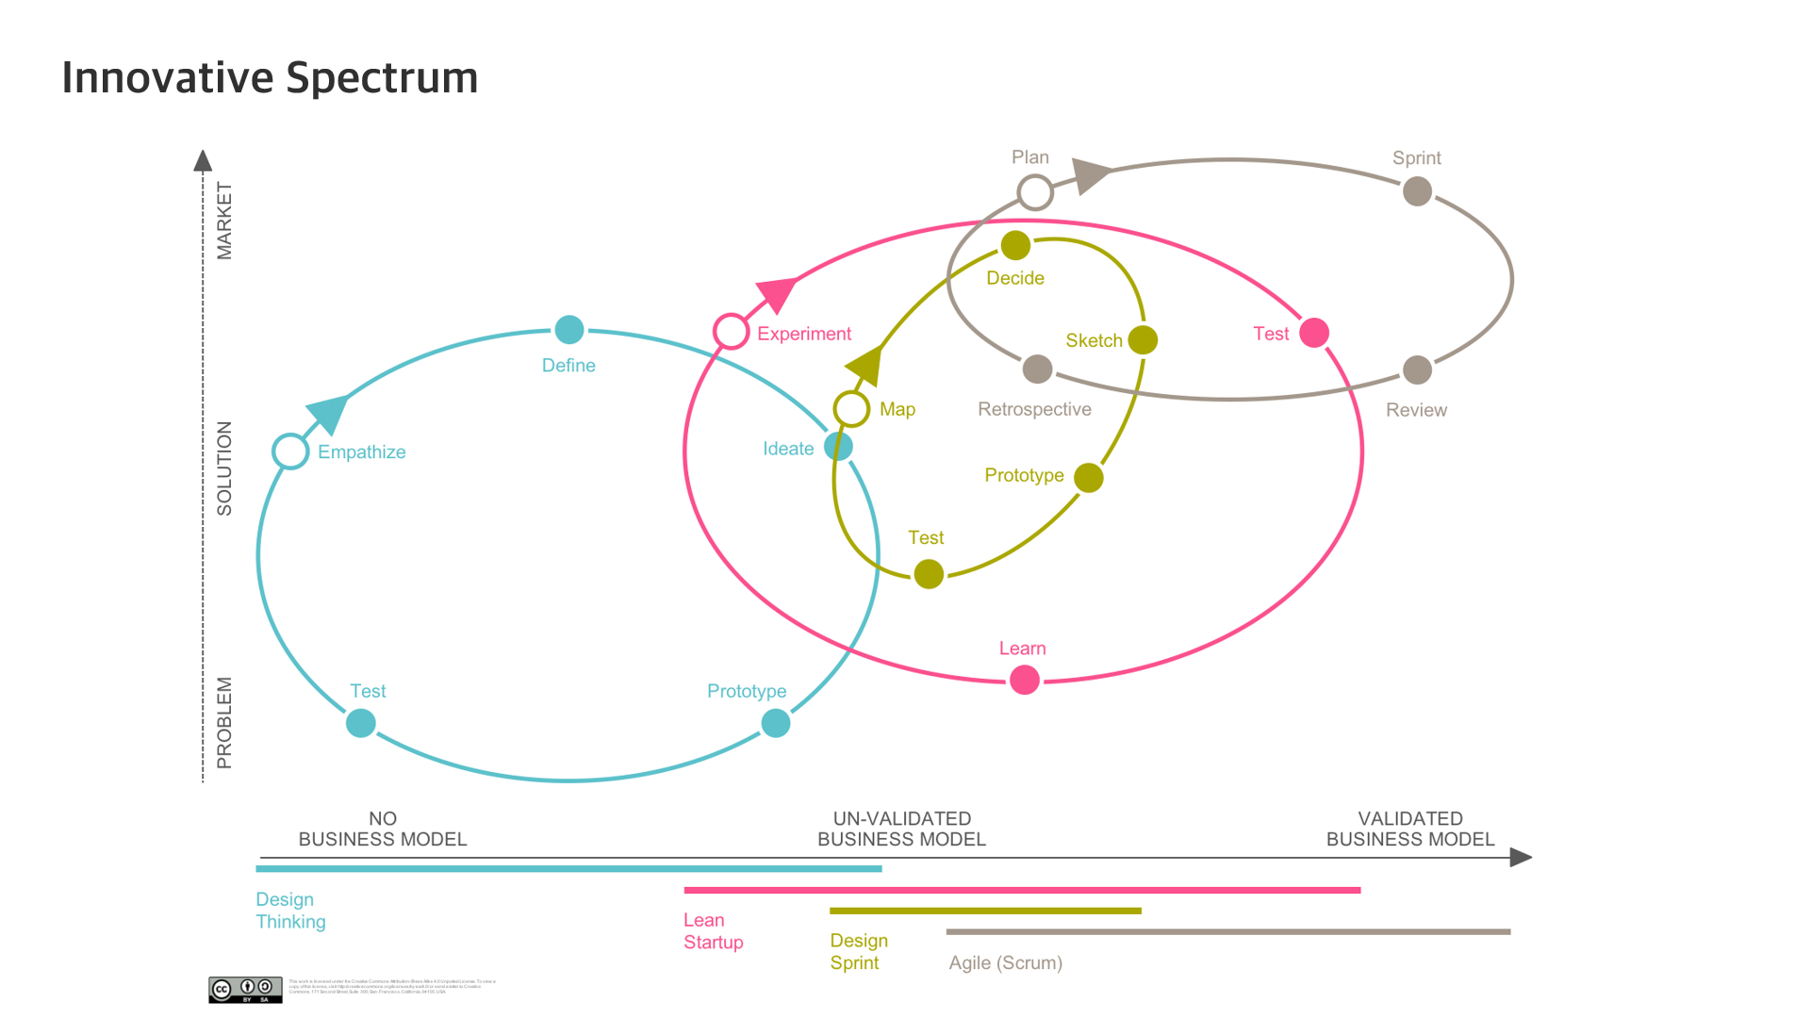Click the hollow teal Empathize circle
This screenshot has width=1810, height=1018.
pyautogui.click(x=290, y=452)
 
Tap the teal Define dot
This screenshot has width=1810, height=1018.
pyautogui.click(x=569, y=330)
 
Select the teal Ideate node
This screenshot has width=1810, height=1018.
pyautogui.click(x=838, y=446)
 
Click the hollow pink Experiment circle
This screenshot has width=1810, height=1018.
pyautogui.click(x=731, y=332)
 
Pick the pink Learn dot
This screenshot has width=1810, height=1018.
pyautogui.click(x=1024, y=680)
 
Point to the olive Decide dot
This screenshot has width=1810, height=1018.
pyautogui.click(x=1015, y=246)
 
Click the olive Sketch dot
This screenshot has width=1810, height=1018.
pyautogui.click(x=1143, y=340)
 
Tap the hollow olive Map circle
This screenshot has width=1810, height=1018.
pyautogui.click(x=851, y=409)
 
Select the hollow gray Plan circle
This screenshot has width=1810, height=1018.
pyautogui.click(x=1035, y=192)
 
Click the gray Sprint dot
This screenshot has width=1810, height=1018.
pyautogui.click(x=1417, y=191)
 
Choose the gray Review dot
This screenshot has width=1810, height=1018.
pyautogui.click(x=1417, y=370)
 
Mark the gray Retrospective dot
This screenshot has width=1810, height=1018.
pyautogui.click(x=1037, y=369)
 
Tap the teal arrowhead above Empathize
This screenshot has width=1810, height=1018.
pyautogui.click(x=327, y=413)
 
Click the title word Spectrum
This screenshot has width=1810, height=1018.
pyautogui.click(x=382, y=77)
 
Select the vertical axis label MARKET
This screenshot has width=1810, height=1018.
pyautogui.click(x=224, y=221)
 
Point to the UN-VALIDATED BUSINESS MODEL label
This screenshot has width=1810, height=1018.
pyautogui.click(x=901, y=829)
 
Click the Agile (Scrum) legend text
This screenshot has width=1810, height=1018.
pyautogui.click(x=1005, y=962)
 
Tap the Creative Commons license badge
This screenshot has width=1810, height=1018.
pyautogui.click(x=245, y=989)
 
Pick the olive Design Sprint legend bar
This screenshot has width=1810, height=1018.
pyautogui.click(x=985, y=911)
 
